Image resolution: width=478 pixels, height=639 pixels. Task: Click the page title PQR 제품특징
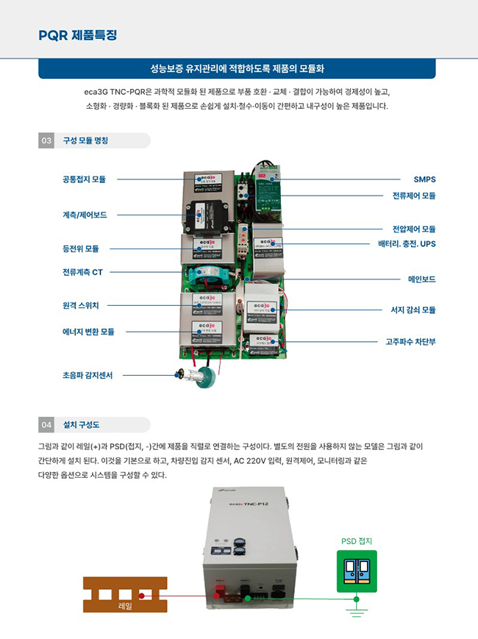(78, 35)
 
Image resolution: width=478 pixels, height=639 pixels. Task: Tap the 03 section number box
(46, 140)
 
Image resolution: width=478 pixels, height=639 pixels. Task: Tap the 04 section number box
(46, 424)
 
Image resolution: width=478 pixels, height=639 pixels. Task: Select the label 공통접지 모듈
(84, 179)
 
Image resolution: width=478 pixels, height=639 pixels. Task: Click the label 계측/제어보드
(85, 215)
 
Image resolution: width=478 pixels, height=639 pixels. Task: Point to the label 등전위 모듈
(81, 249)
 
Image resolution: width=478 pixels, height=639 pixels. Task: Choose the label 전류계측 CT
(82, 272)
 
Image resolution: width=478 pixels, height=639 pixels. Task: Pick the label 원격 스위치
(81, 304)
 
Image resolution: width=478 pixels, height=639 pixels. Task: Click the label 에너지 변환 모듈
(88, 332)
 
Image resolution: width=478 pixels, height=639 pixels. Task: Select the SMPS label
(424, 179)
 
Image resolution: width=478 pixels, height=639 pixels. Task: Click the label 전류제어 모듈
(413, 196)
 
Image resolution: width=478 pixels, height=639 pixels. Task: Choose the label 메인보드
(421, 279)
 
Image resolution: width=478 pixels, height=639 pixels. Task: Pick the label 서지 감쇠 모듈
(413, 310)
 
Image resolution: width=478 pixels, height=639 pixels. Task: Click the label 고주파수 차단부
(410, 341)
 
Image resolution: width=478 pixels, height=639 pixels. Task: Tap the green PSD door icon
(357, 571)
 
